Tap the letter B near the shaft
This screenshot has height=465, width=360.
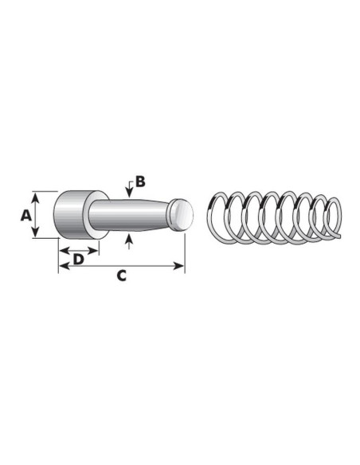(x=139, y=182)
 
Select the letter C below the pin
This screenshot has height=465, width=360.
(x=121, y=276)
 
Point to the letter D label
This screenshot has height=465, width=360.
(x=78, y=260)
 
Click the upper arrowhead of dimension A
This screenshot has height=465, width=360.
(x=36, y=194)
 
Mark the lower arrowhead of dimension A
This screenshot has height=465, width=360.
(x=36, y=235)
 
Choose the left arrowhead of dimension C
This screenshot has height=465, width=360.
(x=61, y=266)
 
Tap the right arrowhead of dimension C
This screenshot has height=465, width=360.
(x=182, y=266)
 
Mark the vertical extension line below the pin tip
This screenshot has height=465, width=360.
(x=185, y=251)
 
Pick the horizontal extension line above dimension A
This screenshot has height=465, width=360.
(x=45, y=191)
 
